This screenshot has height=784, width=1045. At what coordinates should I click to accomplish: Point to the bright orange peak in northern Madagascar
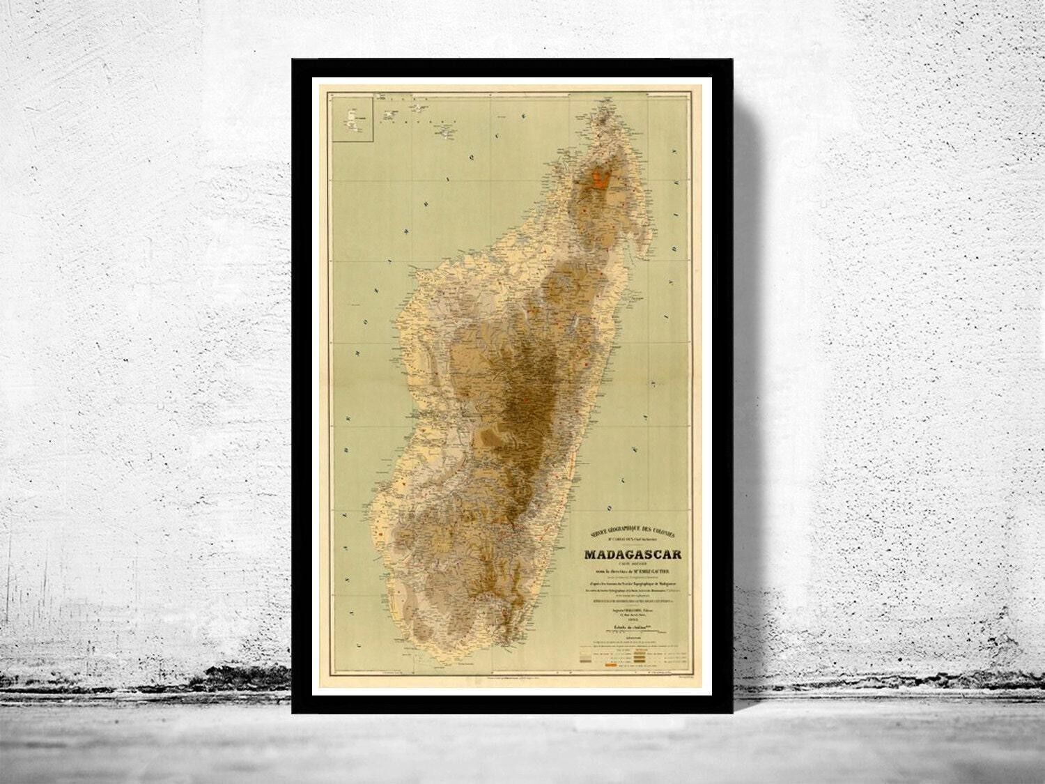601,179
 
